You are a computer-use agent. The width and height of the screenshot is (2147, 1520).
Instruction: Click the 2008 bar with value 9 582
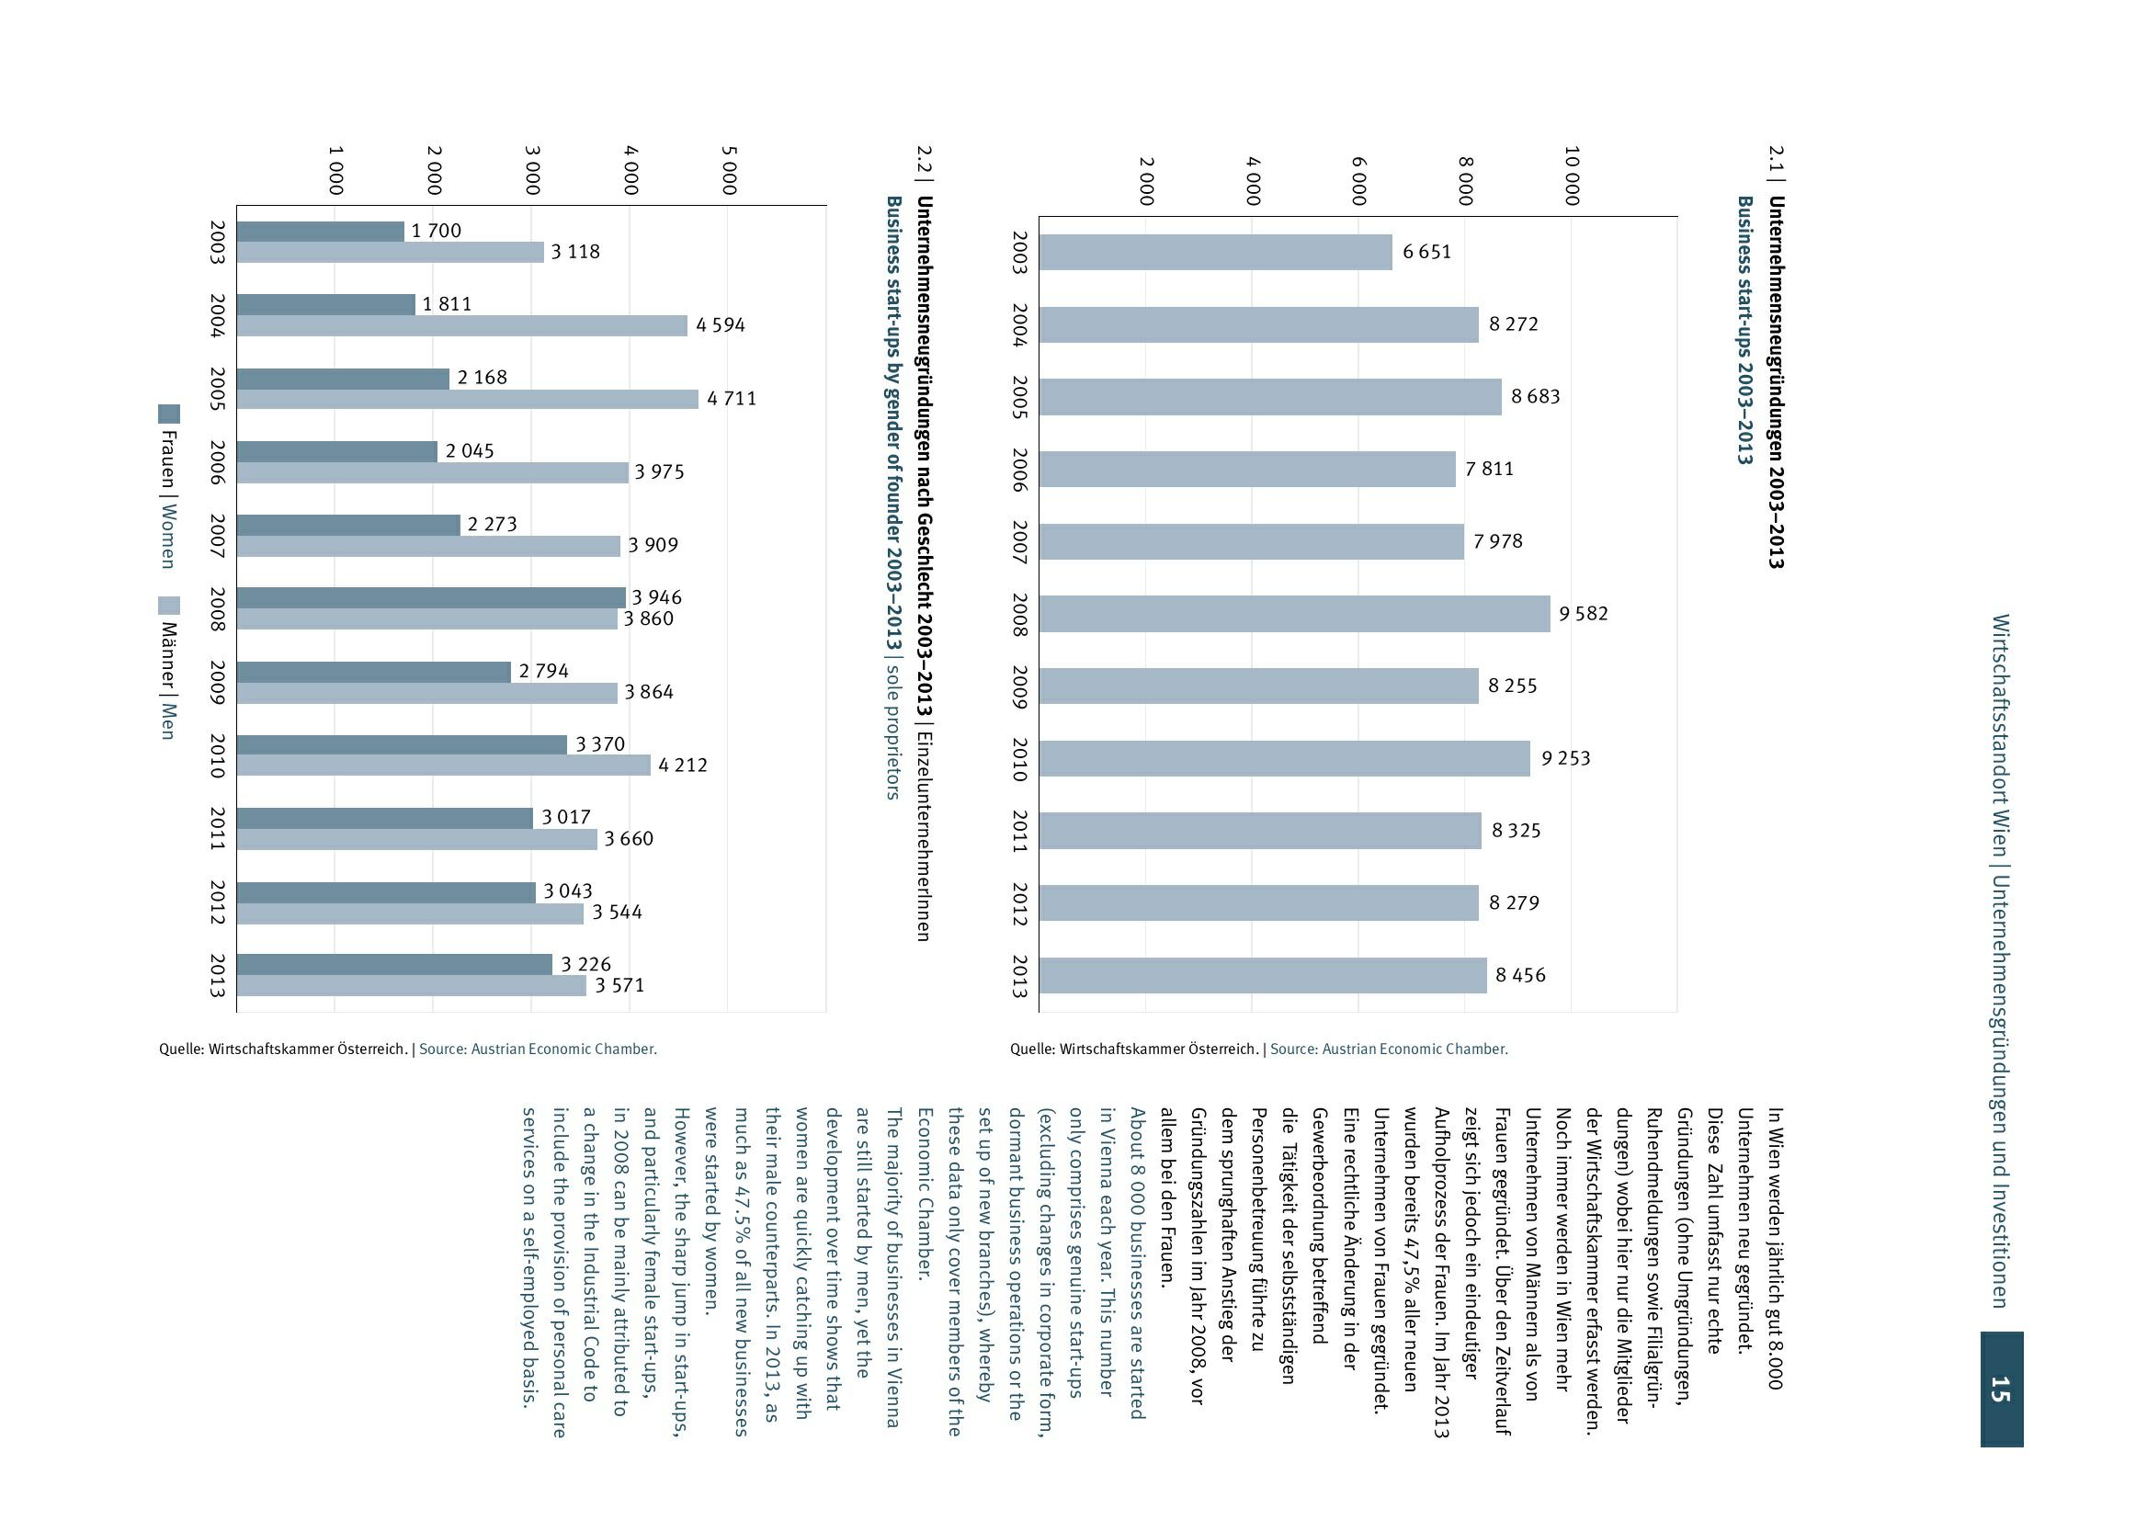(1293, 614)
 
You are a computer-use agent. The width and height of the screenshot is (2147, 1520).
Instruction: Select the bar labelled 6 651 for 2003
(1215, 252)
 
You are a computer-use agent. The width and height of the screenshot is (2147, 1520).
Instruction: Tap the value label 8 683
(1536, 397)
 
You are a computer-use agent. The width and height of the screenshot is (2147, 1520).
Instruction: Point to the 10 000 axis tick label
(1573, 176)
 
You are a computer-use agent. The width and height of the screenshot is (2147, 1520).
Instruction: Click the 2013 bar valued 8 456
(1262, 975)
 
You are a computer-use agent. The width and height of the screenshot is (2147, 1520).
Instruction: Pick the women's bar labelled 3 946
(430, 597)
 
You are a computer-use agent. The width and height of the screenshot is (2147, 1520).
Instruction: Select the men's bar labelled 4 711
(467, 399)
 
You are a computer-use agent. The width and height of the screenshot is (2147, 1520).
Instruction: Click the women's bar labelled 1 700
(320, 232)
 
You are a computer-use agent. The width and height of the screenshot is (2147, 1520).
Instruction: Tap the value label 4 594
(721, 325)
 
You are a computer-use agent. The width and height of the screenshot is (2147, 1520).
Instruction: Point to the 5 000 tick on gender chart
(729, 170)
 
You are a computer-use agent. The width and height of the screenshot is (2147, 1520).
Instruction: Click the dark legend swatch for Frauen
(168, 414)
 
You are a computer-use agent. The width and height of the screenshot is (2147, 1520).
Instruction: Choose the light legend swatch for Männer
(168, 606)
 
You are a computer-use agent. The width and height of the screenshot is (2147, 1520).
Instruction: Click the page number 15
(2000, 1389)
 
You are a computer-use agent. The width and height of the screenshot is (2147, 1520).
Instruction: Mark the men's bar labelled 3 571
(411, 985)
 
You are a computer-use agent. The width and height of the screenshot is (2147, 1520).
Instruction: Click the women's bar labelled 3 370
(402, 744)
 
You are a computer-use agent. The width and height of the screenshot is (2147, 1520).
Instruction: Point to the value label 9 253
(1566, 758)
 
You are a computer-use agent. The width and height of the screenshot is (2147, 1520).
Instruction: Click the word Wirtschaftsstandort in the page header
(2000, 720)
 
